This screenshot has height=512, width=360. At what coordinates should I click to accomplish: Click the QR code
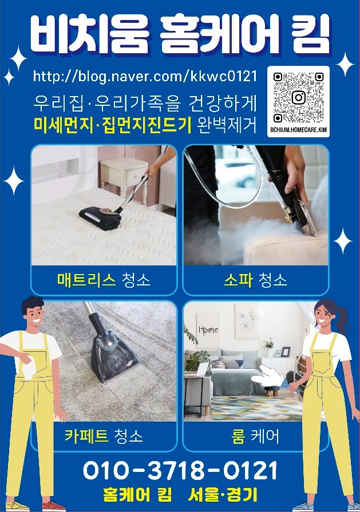click(298, 97)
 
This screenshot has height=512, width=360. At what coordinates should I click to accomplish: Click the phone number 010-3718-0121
click(180, 471)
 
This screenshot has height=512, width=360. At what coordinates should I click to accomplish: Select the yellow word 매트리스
click(86, 280)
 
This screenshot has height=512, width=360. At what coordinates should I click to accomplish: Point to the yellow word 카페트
click(86, 436)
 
